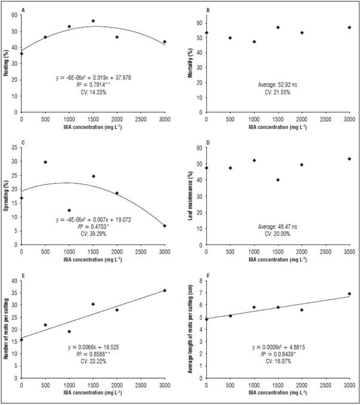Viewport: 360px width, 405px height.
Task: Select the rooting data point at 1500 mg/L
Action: pos(93,21)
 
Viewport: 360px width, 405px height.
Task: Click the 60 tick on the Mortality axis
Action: pos(200,23)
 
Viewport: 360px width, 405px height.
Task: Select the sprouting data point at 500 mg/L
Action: pos(45,162)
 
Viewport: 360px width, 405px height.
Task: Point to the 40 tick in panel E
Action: pos(16,281)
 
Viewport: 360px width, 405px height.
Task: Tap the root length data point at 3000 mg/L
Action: pos(349,294)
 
